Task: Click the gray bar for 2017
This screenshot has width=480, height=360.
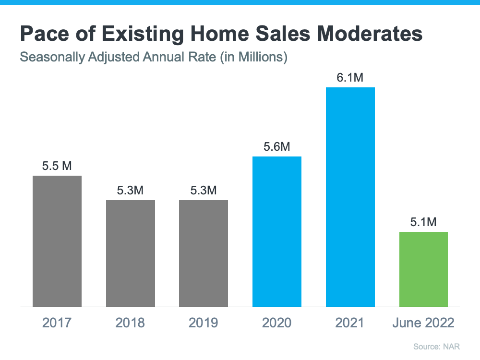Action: tap(57, 241)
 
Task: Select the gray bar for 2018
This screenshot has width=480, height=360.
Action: tap(131, 253)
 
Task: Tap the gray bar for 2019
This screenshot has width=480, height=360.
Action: tap(204, 253)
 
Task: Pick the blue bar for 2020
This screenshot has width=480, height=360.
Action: tap(277, 231)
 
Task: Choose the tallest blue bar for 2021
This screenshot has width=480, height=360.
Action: tap(350, 197)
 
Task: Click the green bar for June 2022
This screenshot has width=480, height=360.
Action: tap(423, 269)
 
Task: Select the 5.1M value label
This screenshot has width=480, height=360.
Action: tap(423, 222)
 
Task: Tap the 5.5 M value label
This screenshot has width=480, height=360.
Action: tap(57, 166)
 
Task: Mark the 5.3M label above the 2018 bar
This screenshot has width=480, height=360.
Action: tap(131, 191)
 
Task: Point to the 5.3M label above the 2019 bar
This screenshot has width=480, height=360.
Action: tap(204, 191)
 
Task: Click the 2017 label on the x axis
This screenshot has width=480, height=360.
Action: tap(57, 323)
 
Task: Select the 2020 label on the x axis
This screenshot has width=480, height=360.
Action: tap(277, 323)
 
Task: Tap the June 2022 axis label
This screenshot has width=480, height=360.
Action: tap(423, 323)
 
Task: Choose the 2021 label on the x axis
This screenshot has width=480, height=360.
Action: tap(350, 323)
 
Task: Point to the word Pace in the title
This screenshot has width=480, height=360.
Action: tap(44, 35)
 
